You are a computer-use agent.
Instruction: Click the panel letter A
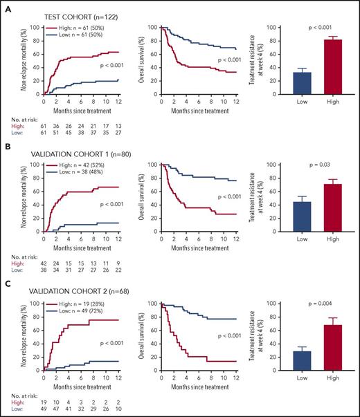click(x=8, y=8)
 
